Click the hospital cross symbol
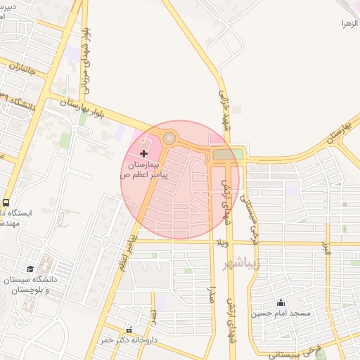[x=144, y=153]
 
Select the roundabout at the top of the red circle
[x=169, y=139]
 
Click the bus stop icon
[x=6, y=202]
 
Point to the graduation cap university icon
[x=30, y=269]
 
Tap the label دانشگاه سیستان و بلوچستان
[x=29, y=283]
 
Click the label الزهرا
[x=349, y=24]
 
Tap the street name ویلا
[x=224, y=243]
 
